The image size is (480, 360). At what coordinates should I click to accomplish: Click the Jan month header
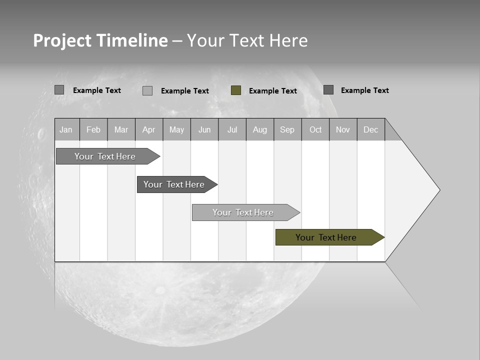pos(66,129)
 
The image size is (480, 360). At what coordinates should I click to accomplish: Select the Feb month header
pos(93,129)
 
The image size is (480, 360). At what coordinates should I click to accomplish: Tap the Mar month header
pos(121,129)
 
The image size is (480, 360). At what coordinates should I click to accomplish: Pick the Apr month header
pos(149,129)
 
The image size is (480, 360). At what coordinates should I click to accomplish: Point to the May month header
pos(176,129)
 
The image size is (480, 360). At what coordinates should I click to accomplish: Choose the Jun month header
pos(204,129)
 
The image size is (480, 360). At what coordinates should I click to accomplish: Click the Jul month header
pos(232,129)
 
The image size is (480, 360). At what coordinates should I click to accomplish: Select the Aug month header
pos(260,129)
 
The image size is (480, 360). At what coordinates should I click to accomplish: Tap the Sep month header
pos(287,129)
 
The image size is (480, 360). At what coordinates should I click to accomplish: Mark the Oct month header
pos(315,129)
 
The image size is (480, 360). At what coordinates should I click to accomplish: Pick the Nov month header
pos(343,129)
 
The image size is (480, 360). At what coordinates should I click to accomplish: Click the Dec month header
pos(371,129)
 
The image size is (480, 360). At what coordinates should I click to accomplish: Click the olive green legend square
pos(236,90)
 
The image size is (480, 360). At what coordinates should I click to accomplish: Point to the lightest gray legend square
pos(147,90)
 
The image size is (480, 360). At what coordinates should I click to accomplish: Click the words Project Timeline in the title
pos(100,40)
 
